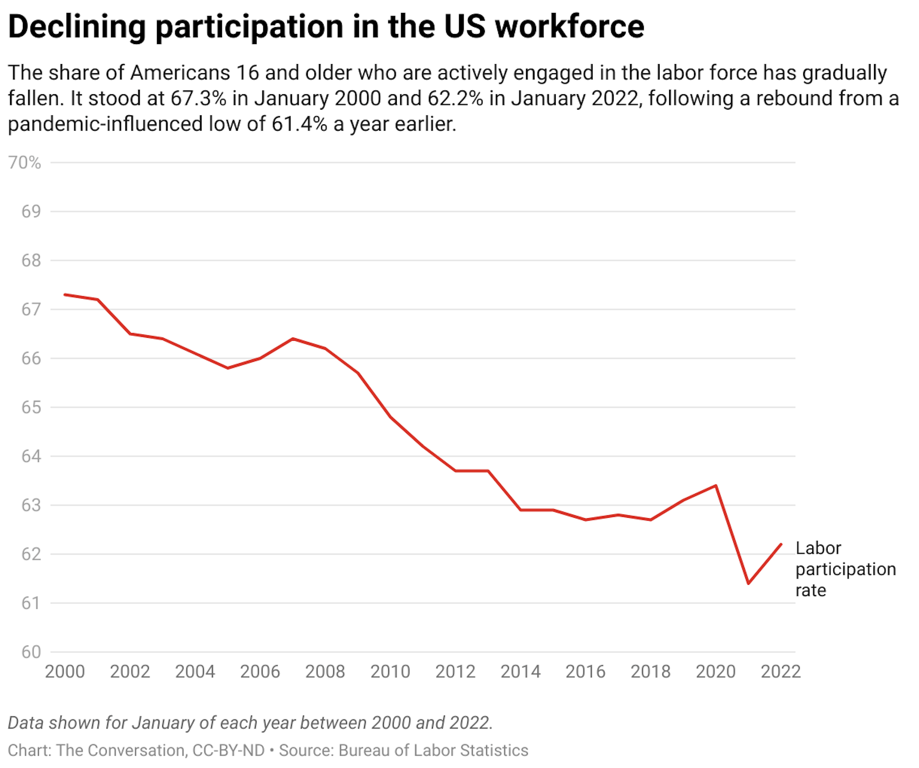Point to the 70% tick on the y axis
coord(25,163)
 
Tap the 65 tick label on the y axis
coord(31,408)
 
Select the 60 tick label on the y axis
coord(31,652)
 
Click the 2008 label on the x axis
coord(325,672)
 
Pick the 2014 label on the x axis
coord(520,672)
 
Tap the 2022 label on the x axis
coord(781,672)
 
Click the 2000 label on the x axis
coord(65,672)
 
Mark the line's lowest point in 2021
coord(748,583)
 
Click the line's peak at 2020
coord(716,486)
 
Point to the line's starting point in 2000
coord(65,295)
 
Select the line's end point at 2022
coord(781,544)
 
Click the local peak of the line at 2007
coord(293,339)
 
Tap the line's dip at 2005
coord(228,368)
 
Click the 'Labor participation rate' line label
coord(845,569)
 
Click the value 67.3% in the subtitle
coord(198,99)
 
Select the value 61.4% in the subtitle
coord(299,124)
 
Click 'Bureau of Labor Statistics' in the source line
coord(433,750)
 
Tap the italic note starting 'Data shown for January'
coord(250,723)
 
